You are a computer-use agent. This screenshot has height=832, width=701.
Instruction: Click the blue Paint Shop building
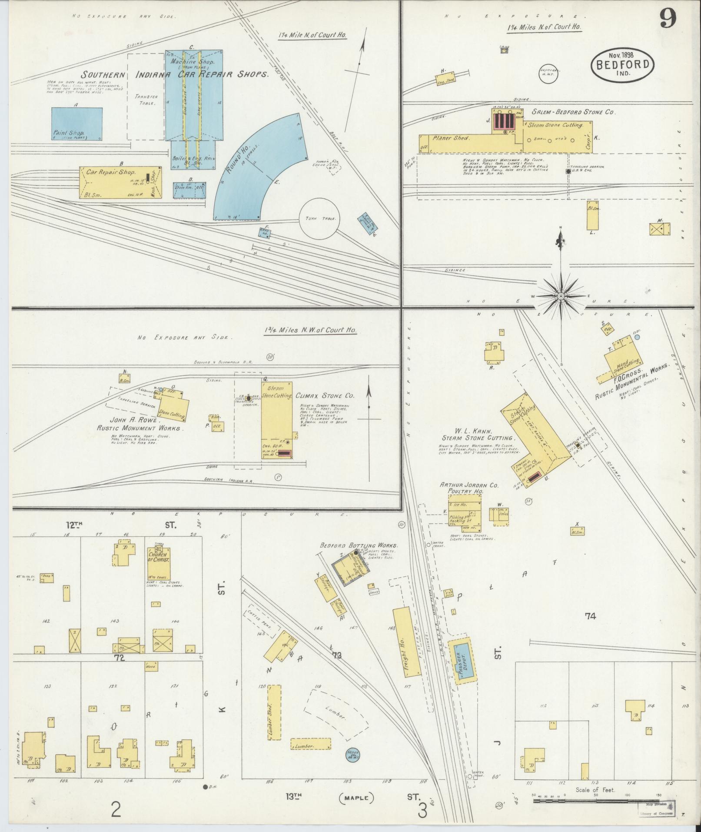(x=77, y=124)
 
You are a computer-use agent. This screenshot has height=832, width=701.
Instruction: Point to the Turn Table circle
(x=321, y=219)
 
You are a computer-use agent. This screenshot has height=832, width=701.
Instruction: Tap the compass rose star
(x=561, y=296)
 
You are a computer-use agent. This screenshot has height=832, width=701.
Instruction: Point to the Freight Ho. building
(x=407, y=642)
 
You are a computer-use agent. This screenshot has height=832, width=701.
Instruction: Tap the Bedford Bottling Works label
(x=359, y=545)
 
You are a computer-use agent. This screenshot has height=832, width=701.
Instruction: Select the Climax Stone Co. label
(x=325, y=396)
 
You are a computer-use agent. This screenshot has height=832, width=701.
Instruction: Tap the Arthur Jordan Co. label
(x=463, y=484)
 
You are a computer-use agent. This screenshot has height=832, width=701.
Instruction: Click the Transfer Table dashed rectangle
(x=146, y=97)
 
